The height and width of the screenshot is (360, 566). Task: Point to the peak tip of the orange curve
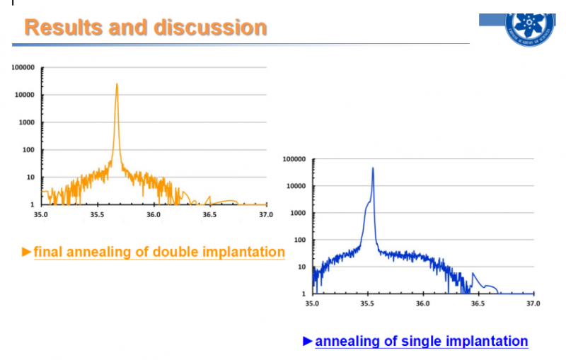coord(117,83)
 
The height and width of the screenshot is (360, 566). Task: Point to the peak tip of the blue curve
coord(373,168)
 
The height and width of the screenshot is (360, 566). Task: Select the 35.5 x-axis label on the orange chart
coord(98,214)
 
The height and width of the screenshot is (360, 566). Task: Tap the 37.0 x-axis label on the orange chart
coord(265,214)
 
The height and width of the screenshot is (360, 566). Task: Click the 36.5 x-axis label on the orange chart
coord(209,214)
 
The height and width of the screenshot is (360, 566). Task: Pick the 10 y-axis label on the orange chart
coord(31,177)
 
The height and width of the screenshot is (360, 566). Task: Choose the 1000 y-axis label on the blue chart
coord(298,213)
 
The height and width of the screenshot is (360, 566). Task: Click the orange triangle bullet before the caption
coord(27,252)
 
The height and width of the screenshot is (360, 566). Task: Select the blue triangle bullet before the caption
coord(308,341)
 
